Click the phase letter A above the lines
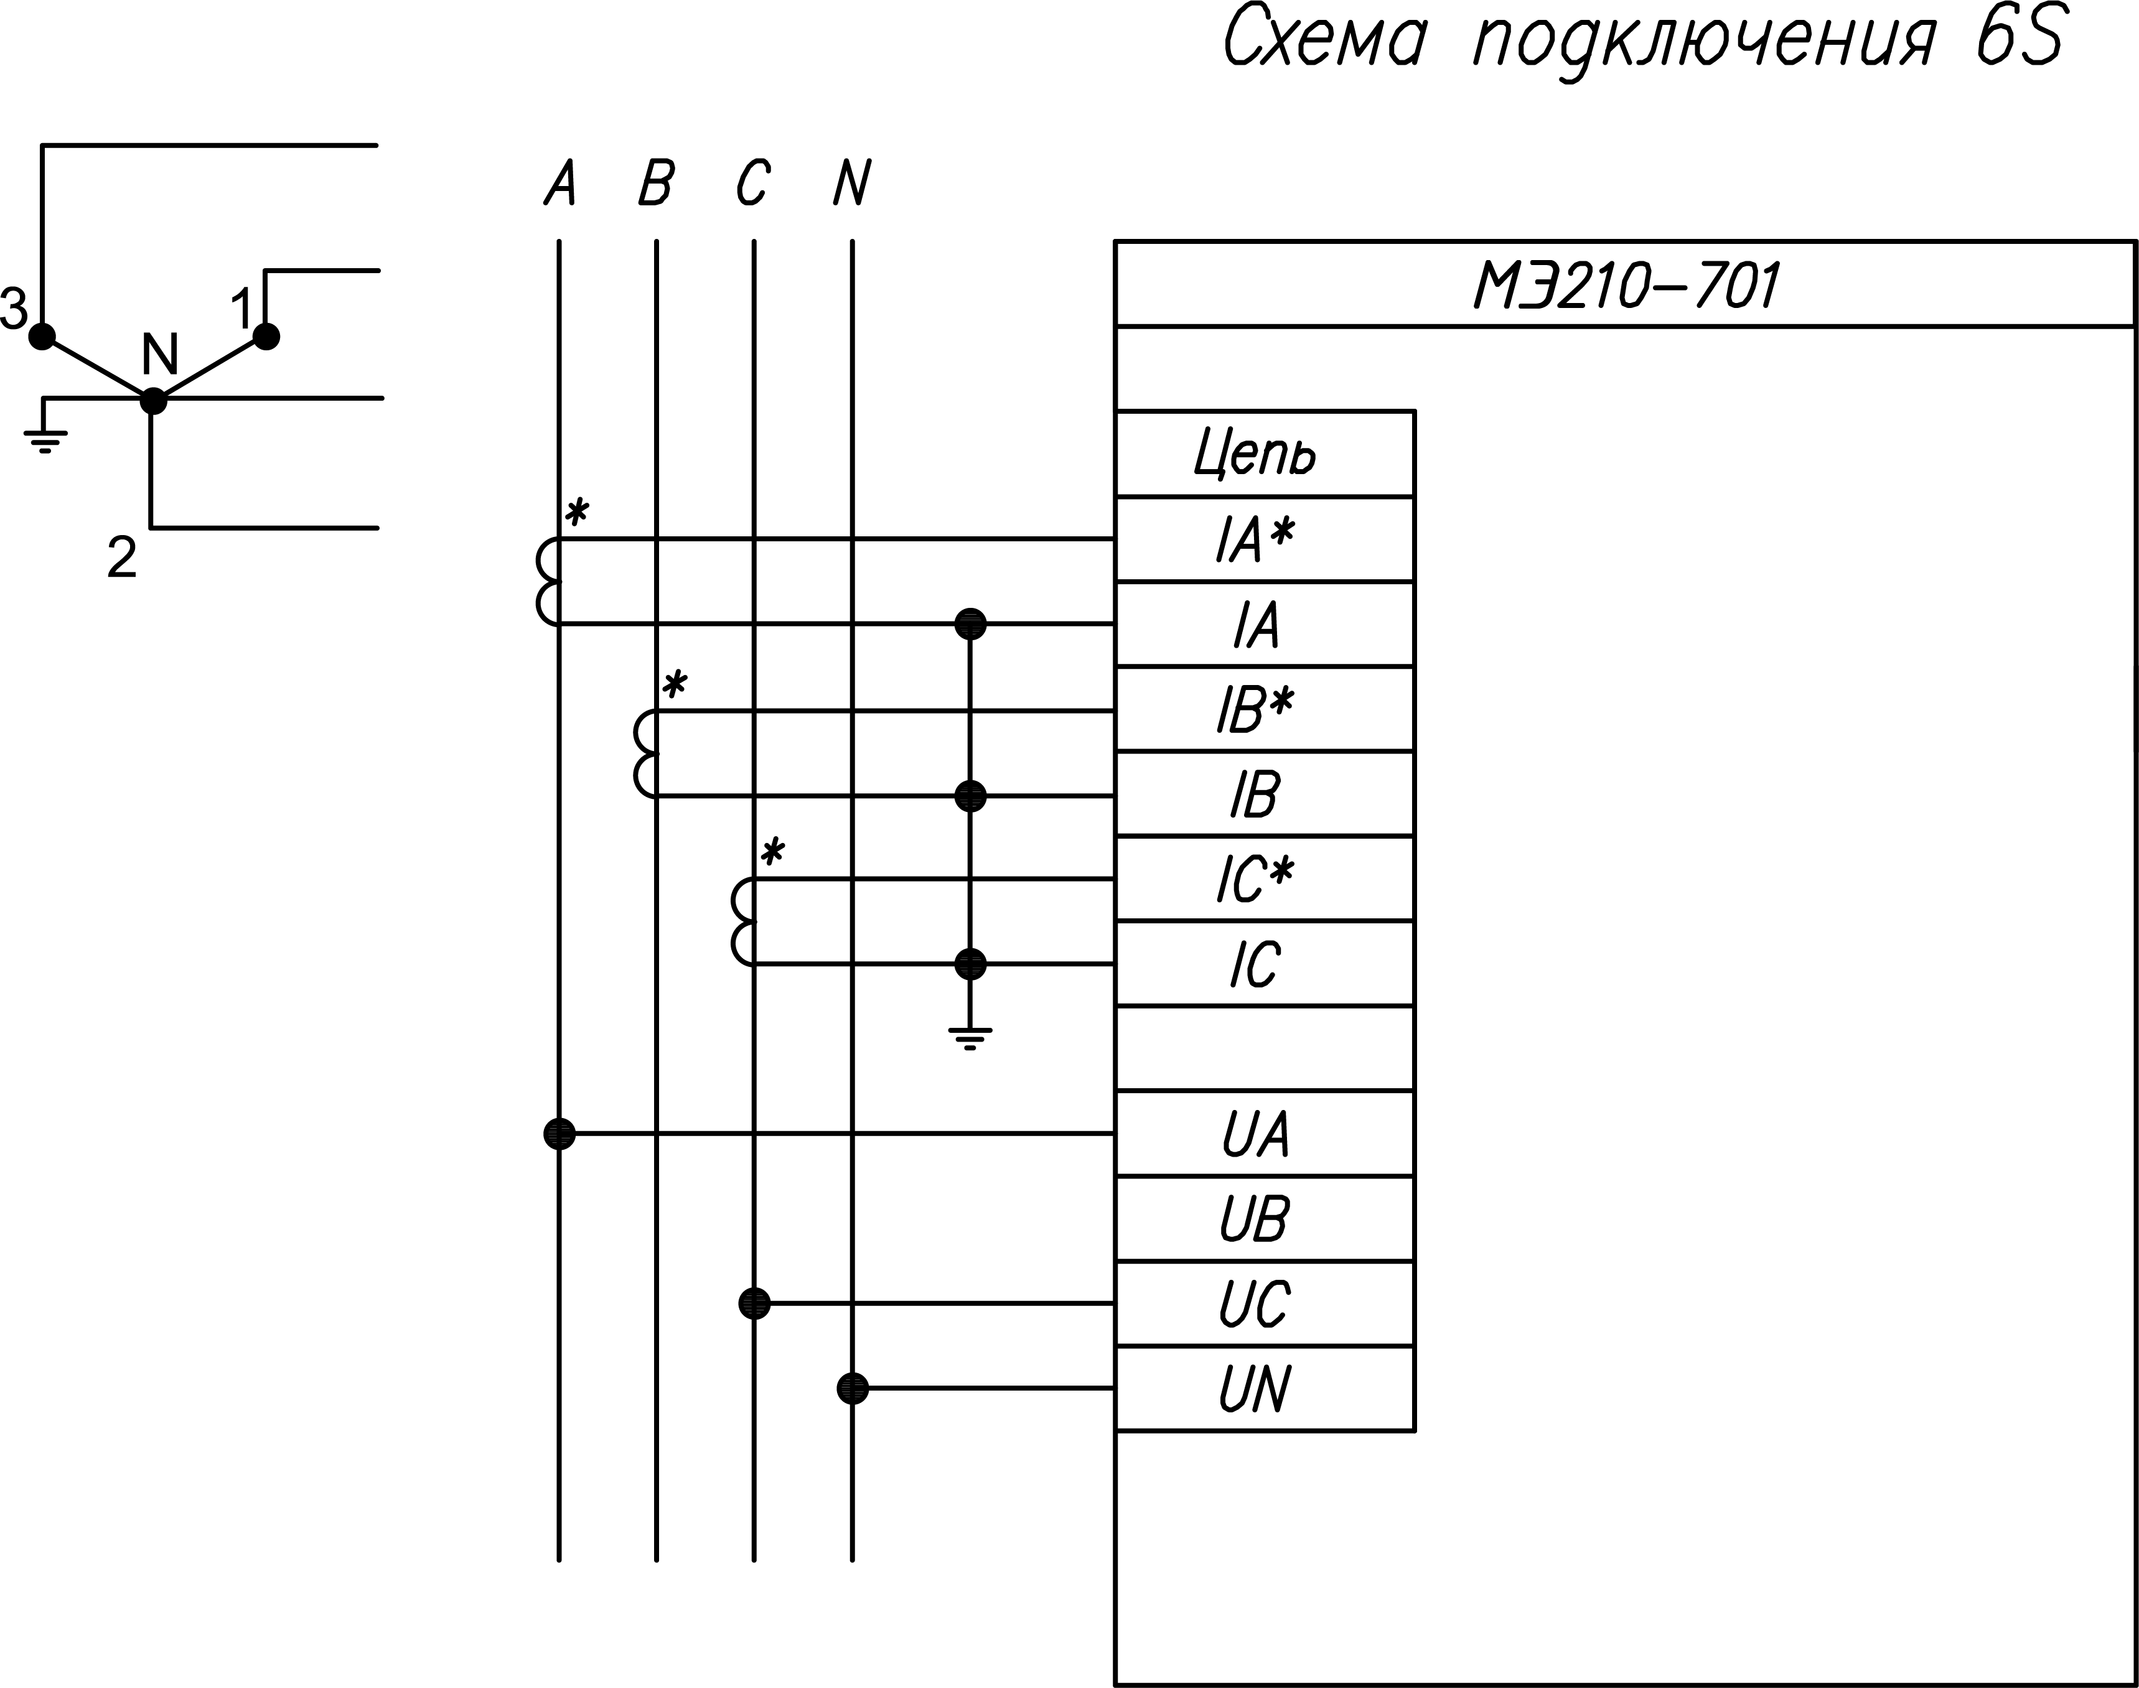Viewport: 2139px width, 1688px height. (x=559, y=184)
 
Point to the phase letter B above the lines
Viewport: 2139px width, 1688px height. (x=657, y=184)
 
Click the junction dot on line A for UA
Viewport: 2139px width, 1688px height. (x=559, y=1134)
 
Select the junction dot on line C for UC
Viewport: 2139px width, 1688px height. (x=754, y=1303)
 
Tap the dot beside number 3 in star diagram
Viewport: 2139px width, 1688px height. (x=42, y=336)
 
